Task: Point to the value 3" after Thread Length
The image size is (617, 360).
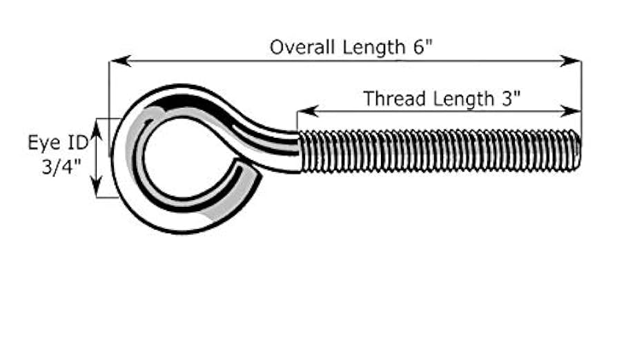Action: pyautogui.click(x=509, y=99)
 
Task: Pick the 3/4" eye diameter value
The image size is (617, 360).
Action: pyautogui.click(x=61, y=167)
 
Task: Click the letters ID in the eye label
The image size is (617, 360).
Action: pyautogui.click(x=78, y=143)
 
